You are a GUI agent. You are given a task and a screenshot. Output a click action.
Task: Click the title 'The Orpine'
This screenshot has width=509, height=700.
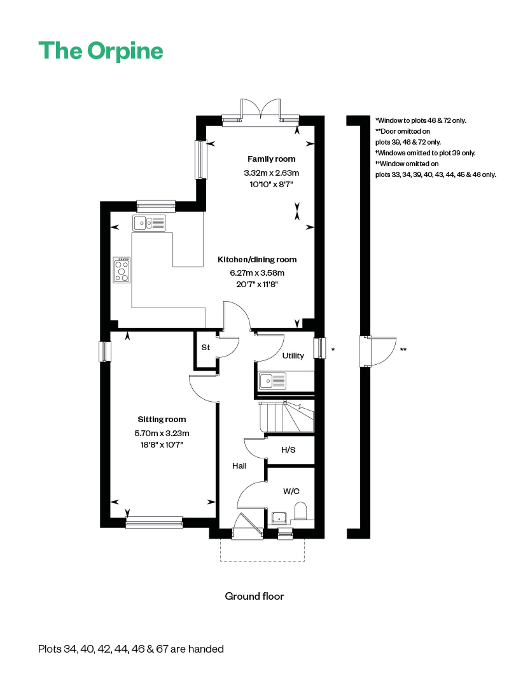click(101, 51)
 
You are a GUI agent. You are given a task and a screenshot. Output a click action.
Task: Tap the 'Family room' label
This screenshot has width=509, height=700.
click(271, 159)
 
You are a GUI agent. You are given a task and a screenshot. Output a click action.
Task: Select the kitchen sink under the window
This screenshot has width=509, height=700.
click(149, 223)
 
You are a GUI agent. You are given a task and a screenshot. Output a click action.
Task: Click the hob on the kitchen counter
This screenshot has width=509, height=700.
click(121, 270)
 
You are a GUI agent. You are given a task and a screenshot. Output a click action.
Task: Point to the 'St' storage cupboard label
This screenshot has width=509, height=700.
click(206, 347)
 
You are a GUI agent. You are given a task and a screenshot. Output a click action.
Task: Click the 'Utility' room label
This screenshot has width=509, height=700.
click(293, 355)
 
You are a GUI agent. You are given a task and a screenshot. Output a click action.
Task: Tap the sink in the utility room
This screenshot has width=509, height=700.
click(272, 381)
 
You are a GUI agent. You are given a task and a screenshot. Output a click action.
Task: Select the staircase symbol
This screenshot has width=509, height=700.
click(287, 417)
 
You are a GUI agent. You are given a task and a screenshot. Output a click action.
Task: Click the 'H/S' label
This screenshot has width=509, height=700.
click(288, 450)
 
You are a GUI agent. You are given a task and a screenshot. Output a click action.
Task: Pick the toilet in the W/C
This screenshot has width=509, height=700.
click(300, 511)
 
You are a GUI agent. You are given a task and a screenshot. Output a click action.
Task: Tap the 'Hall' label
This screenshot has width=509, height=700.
click(239, 466)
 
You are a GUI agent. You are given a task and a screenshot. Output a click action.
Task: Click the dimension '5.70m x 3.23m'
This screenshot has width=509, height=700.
click(162, 433)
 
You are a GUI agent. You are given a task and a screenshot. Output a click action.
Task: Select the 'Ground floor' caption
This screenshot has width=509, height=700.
click(254, 596)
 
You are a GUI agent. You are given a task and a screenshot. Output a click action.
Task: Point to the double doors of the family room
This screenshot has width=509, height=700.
click(261, 109)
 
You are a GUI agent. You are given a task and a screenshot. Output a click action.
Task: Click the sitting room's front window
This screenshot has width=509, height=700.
click(154, 522)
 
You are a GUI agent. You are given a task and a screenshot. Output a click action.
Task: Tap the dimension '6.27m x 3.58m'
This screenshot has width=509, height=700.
click(257, 273)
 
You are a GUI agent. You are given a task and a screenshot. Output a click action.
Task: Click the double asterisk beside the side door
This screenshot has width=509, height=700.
click(403, 349)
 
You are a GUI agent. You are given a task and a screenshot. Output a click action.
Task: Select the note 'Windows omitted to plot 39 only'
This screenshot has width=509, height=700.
click(426, 153)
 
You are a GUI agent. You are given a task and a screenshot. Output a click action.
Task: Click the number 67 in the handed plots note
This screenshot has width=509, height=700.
click(162, 649)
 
